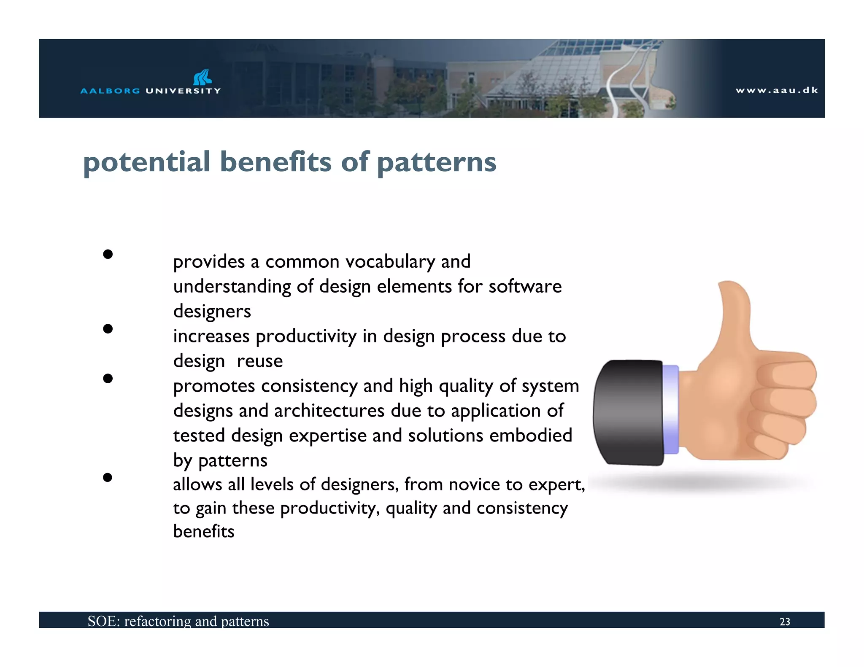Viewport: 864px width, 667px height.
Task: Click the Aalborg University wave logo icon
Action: click(x=202, y=77)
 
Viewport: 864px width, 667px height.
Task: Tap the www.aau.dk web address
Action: click(x=777, y=90)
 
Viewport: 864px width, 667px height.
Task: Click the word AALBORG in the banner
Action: click(x=110, y=91)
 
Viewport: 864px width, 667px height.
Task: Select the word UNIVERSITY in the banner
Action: click(x=183, y=91)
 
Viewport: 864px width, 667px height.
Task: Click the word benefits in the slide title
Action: click(x=275, y=162)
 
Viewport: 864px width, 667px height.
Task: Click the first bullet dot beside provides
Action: click(x=108, y=254)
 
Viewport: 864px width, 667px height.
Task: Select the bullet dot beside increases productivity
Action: click(x=108, y=328)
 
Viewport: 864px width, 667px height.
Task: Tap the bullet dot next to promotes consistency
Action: click(x=108, y=378)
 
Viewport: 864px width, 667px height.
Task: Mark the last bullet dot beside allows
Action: click(x=108, y=477)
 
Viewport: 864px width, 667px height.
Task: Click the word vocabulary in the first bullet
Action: click(x=390, y=262)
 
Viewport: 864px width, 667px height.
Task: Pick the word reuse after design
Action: click(x=260, y=361)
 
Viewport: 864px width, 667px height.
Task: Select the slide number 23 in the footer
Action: click(x=785, y=621)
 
